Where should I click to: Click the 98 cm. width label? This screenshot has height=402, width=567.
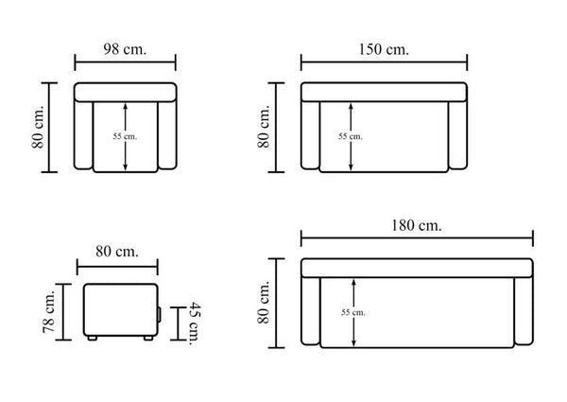coord(125,49)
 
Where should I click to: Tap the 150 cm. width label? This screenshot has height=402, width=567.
coord(384,49)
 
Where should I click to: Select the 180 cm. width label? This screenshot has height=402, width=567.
coord(417,225)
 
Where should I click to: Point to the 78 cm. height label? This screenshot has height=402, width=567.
coord(49,311)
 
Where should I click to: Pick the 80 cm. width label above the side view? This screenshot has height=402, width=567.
coord(117,251)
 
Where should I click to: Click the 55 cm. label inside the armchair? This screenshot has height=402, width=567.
coord(125,136)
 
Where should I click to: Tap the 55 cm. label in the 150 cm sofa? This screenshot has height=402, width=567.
coord(351,136)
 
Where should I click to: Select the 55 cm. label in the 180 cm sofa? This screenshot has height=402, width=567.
coord(353,312)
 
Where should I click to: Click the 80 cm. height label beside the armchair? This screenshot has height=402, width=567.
coord(38,127)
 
